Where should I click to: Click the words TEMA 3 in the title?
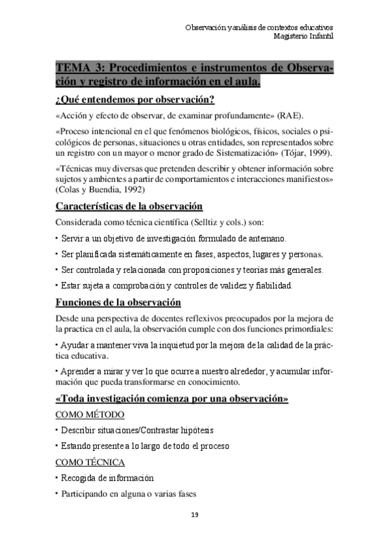point(79,69)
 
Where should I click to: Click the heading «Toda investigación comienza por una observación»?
point(172,398)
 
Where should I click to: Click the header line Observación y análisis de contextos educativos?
point(259,27)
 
